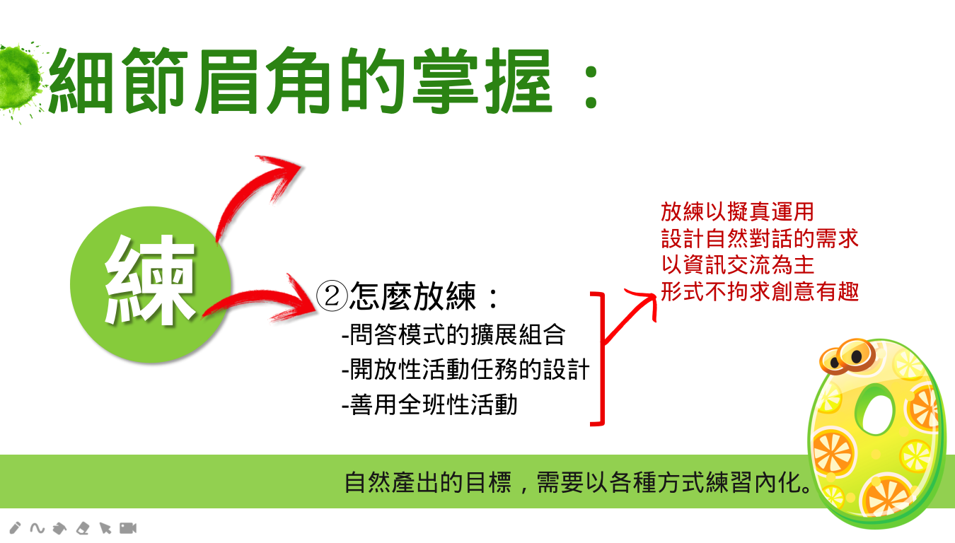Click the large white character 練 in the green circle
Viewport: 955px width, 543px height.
pyautogui.click(x=150, y=281)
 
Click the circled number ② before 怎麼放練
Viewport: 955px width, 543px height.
pyautogui.click(x=332, y=296)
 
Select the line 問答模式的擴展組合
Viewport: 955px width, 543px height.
pyautogui.click(x=453, y=334)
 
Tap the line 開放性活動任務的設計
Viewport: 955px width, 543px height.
pyautogui.click(x=465, y=370)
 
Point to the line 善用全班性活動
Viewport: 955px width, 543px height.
pyautogui.click(x=430, y=404)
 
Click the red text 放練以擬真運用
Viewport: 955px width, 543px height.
pyautogui.click(x=738, y=212)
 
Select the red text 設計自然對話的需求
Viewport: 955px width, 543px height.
pyautogui.click(x=760, y=239)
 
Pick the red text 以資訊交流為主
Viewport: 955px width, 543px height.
pyautogui.click(x=738, y=265)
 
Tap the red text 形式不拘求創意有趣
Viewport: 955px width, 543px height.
pyautogui.click(x=760, y=291)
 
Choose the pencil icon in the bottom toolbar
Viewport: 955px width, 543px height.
pyautogui.click(x=15, y=528)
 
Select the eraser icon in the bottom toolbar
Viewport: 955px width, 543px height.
pyautogui.click(x=83, y=529)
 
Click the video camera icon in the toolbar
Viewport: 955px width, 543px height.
pyautogui.click(x=128, y=528)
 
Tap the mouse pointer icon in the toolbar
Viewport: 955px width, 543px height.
pyautogui.click(x=105, y=529)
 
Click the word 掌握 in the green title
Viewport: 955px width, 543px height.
pyautogui.click(x=482, y=81)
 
